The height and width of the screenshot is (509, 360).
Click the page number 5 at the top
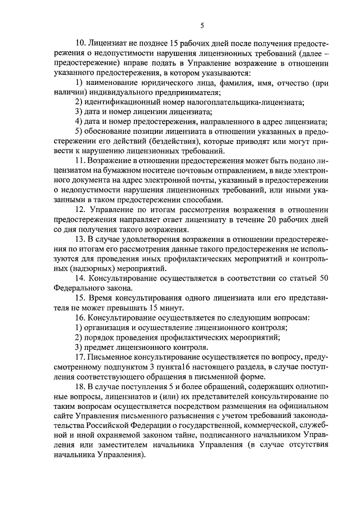tap(202, 24)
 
